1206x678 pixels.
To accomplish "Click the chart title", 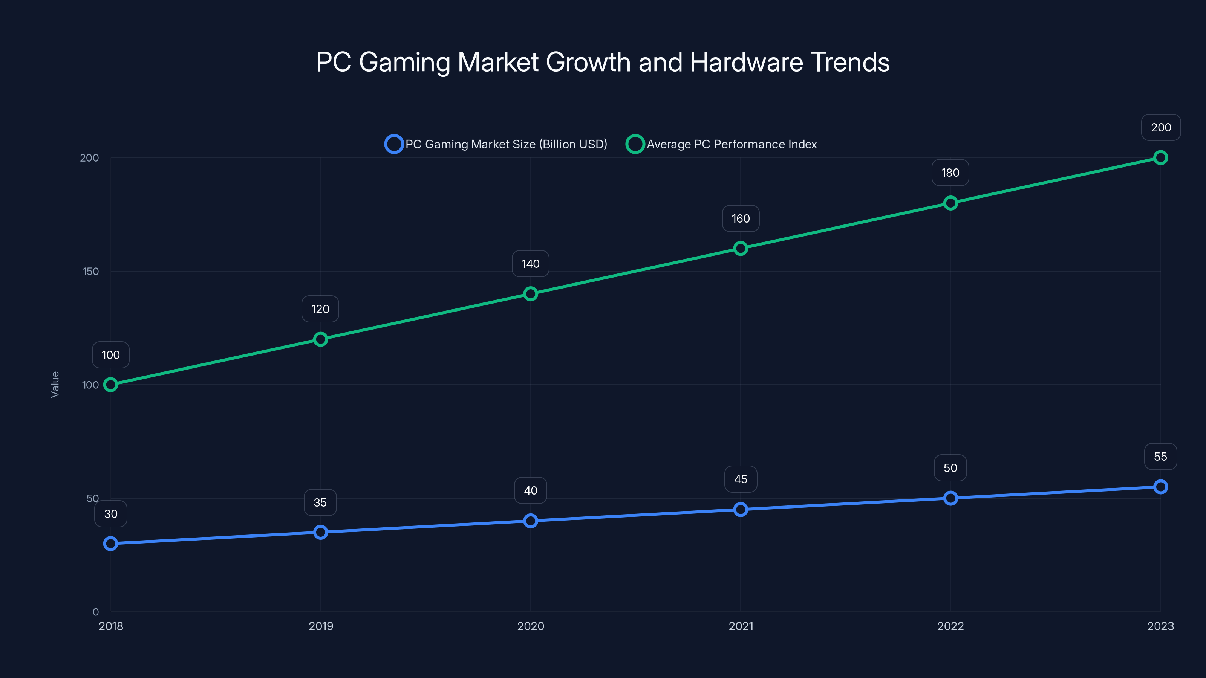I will (x=603, y=62).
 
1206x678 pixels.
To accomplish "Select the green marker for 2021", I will (x=740, y=249).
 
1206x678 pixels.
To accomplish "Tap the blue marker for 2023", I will (x=1160, y=487).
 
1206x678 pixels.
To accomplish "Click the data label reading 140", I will (x=530, y=264).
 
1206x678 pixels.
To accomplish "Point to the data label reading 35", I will (x=320, y=502).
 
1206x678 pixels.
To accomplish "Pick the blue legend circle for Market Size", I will (x=394, y=144).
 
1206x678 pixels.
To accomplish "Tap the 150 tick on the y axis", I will (x=90, y=271).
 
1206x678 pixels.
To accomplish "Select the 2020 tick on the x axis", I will (x=530, y=626).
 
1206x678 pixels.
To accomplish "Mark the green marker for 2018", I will (x=110, y=385).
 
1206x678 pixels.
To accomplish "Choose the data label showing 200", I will (x=1161, y=127).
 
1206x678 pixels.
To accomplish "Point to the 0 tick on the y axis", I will (x=95, y=612).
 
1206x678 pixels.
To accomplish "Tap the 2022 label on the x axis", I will (x=950, y=626).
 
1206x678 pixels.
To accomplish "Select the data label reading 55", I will (x=1160, y=457).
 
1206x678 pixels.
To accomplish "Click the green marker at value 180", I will (x=950, y=203).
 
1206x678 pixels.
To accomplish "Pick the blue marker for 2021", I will (x=740, y=510).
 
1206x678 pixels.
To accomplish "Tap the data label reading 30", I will (x=110, y=514).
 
